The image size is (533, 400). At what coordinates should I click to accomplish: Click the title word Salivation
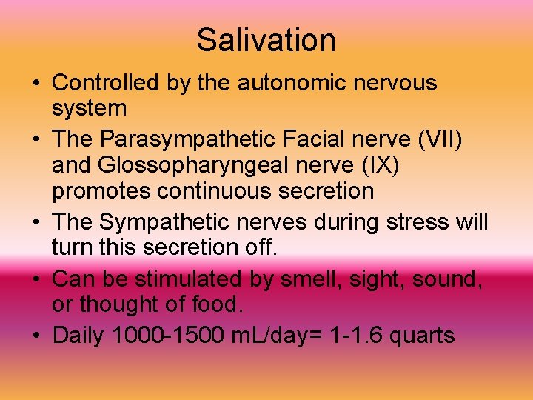click(266, 40)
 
